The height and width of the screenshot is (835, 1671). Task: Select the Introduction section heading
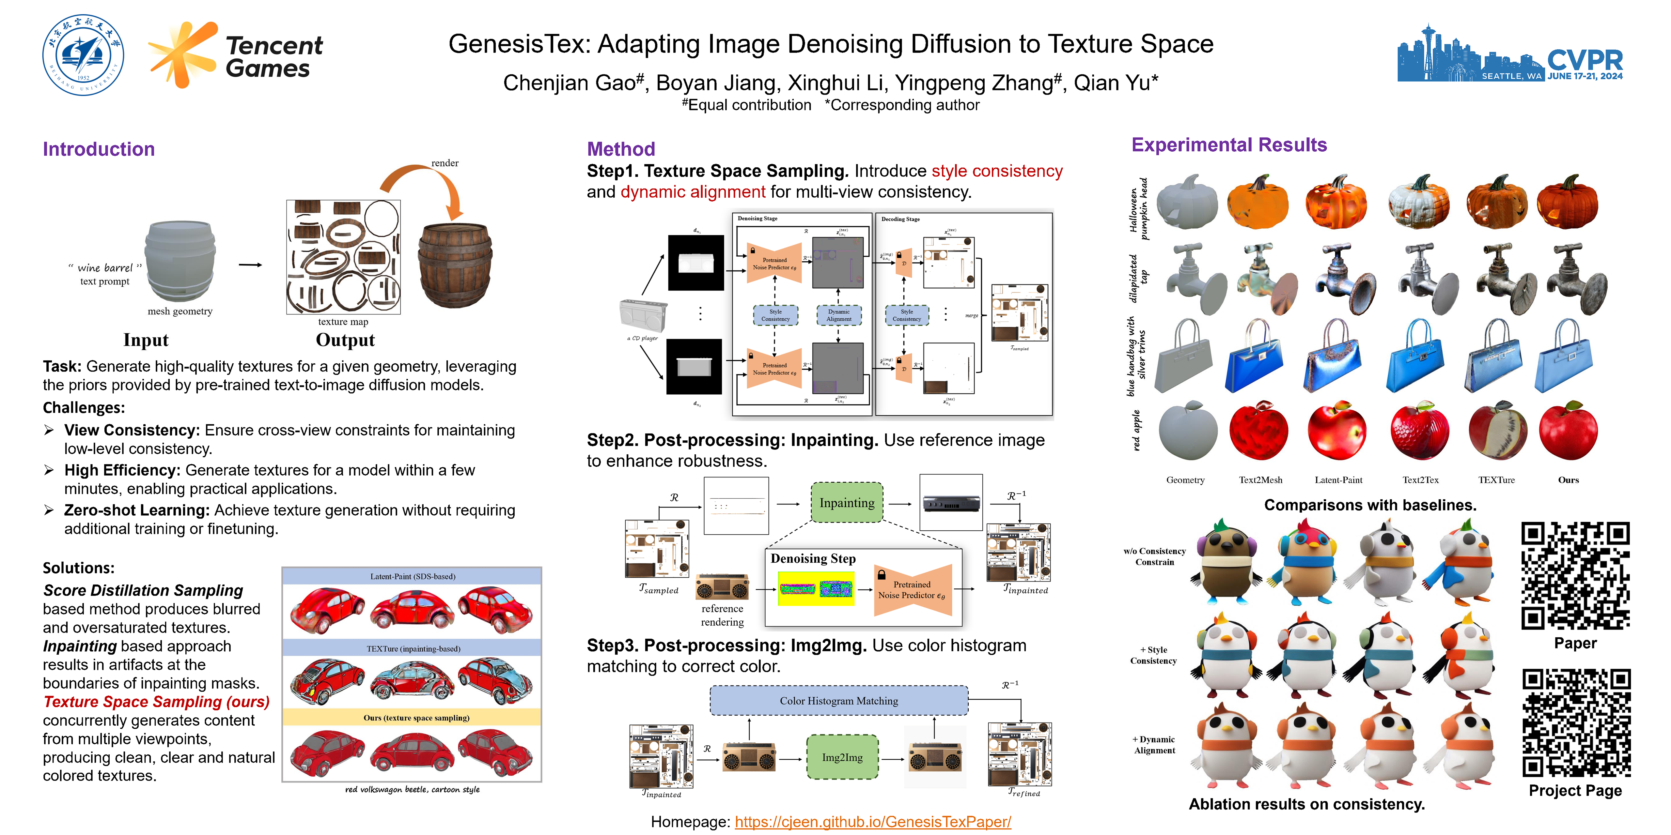pyautogui.click(x=99, y=149)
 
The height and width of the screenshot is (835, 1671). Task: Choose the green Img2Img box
pyautogui.click(x=842, y=757)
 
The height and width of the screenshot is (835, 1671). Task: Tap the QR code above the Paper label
pyautogui.click(x=1575, y=576)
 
